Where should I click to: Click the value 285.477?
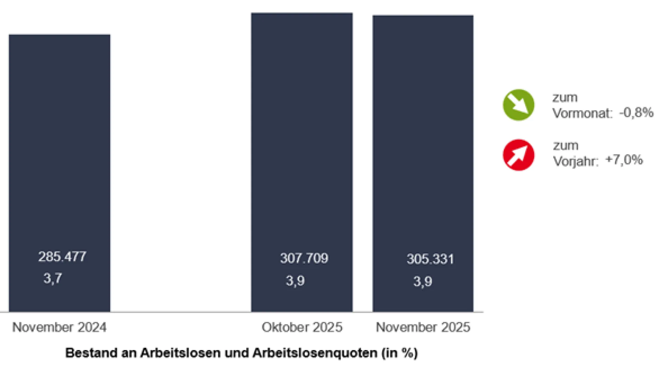click(x=62, y=257)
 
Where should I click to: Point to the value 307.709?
click(x=304, y=258)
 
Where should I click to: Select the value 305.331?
click(x=430, y=259)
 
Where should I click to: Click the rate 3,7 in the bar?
click(x=53, y=278)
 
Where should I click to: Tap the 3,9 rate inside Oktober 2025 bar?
click(x=295, y=281)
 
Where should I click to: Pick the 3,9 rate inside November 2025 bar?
click(x=423, y=281)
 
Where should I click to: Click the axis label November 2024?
click(x=59, y=327)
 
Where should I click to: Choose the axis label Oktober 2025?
click(x=302, y=327)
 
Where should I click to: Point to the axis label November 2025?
click(x=423, y=327)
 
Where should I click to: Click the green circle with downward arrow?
click(x=518, y=105)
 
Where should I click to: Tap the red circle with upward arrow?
click(x=518, y=155)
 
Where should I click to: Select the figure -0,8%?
click(x=636, y=112)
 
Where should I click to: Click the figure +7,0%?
click(x=624, y=160)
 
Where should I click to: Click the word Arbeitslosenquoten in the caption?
click(x=315, y=353)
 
